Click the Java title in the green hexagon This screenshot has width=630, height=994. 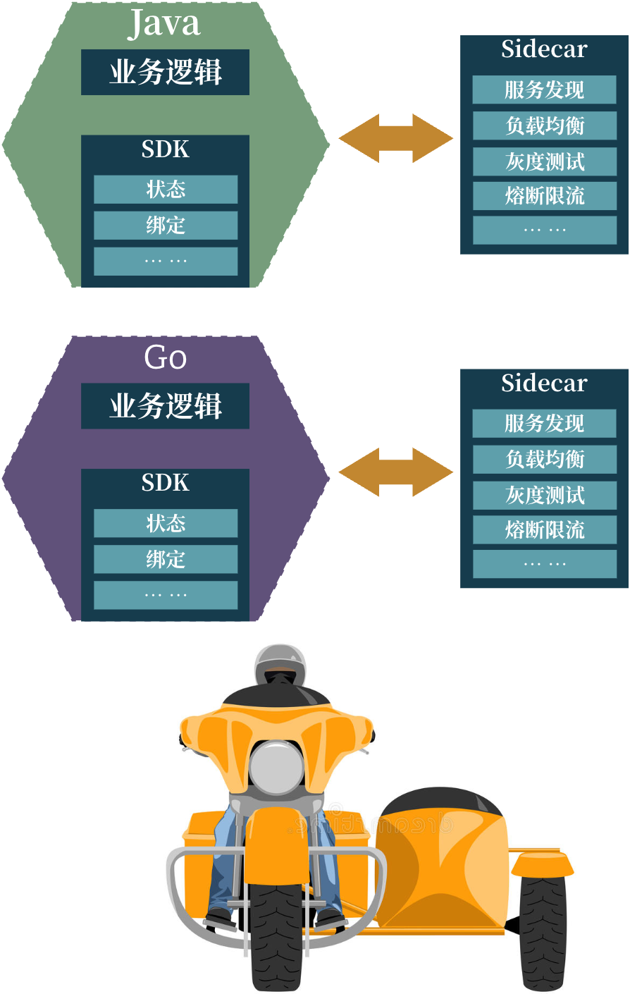pyautogui.click(x=164, y=23)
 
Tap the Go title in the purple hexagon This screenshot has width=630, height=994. pyautogui.click(x=165, y=357)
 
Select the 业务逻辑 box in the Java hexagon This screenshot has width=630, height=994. pyautogui.click(x=165, y=72)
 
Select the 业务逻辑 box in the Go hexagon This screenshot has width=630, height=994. pyautogui.click(x=165, y=405)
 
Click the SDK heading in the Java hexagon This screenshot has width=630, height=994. pyautogui.click(x=165, y=149)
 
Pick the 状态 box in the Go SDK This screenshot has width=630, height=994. pyautogui.click(x=166, y=523)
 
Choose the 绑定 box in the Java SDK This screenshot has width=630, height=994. pyautogui.click(x=166, y=226)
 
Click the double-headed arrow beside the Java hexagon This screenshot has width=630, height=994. pyautogui.click(x=396, y=138)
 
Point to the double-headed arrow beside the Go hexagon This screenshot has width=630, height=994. pyautogui.click(x=396, y=472)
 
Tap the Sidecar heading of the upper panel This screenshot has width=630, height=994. pyautogui.click(x=544, y=49)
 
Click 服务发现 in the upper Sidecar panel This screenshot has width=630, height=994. pyautogui.click(x=544, y=90)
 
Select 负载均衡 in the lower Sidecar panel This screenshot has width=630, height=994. pyautogui.click(x=545, y=459)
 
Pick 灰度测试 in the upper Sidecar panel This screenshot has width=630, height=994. pyautogui.click(x=545, y=161)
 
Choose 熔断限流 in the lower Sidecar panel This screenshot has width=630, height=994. pyautogui.click(x=545, y=529)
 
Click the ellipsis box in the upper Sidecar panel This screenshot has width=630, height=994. pyautogui.click(x=545, y=231)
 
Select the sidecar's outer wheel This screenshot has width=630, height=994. pyautogui.click(x=543, y=930)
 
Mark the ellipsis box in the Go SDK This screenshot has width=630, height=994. pyautogui.click(x=166, y=595)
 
